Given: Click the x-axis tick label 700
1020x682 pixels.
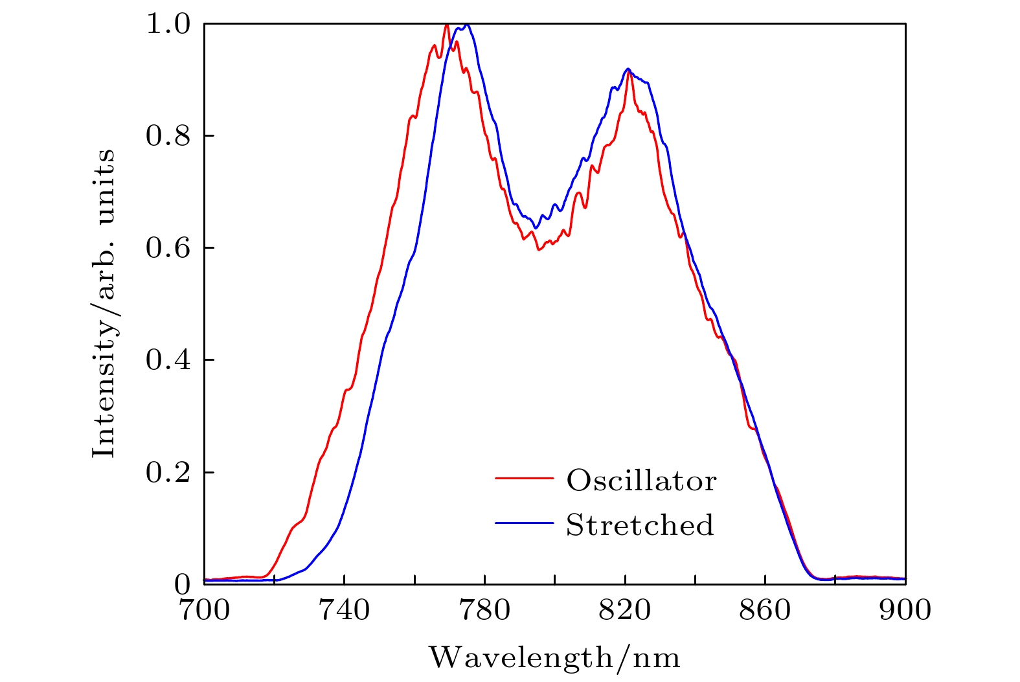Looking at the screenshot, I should pyautogui.click(x=204, y=610).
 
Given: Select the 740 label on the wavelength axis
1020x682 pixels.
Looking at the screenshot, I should pyautogui.click(x=345, y=610).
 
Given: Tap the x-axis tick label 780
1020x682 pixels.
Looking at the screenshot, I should pyautogui.click(x=484, y=610).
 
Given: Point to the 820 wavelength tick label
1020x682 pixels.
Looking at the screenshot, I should pyautogui.click(x=625, y=610).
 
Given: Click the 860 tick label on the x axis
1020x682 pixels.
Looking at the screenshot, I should pyautogui.click(x=765, y=610).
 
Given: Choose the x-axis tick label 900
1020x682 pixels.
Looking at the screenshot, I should pyautogui.click(x=905, y=610).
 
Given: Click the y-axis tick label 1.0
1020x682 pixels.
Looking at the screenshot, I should pyautogui.click(x=168, y=25).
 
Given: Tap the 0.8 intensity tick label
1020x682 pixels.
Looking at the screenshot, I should pyautogui.click(x=168, y=136).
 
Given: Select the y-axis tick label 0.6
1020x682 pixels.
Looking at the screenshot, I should pyautogui.click(x=168, y=248).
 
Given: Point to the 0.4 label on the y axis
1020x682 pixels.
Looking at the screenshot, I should pyautogui.click(x=168, y=360).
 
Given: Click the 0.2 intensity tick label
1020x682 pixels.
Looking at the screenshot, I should pyautogui.click(x=168, y=472).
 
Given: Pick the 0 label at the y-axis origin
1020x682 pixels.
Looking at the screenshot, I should pyautogui.click(x=183, y=584).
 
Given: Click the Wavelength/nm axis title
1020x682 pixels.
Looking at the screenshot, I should pyautogui.click(x=554, y=657).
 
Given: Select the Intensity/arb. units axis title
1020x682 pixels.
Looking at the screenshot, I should pyautogui.click(x=104, y=303).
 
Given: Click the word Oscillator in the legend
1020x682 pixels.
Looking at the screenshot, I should pyautogui.click(x=641, y=481).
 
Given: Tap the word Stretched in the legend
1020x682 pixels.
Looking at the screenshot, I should pyautogui.click(x=640, y=525).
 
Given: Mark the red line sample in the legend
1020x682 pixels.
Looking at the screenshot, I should pyautogui.click(x=524, y=479).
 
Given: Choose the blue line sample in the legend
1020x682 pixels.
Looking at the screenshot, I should pyautogui.click(x=524, y=523).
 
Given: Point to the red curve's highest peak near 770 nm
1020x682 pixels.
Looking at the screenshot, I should pyautogui.click(x=447, y=25).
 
